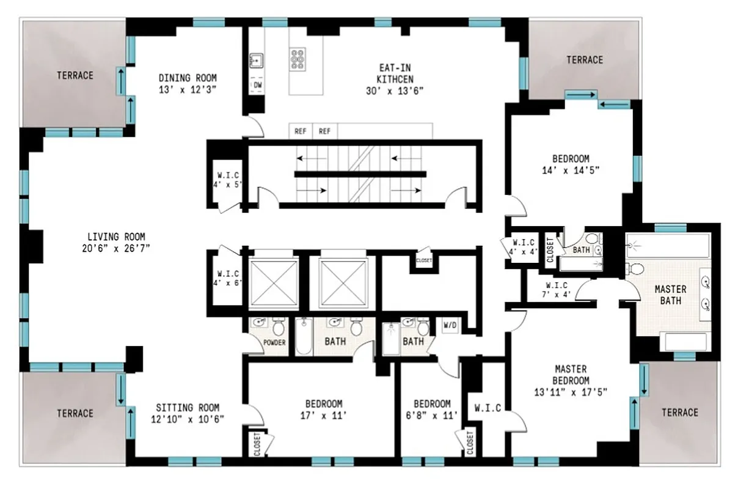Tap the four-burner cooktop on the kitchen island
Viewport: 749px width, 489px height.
tap(298, 59)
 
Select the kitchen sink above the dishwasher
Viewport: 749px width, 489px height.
tap(257, 61)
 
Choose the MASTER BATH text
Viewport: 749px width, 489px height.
tap(670, 295)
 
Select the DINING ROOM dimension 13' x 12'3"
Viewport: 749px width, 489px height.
tap(188, 89)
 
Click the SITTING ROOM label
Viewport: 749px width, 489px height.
tap(187, 408)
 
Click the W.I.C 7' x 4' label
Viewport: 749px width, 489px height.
tap(557, 289)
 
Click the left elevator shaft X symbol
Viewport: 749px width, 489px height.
tap(274, 283)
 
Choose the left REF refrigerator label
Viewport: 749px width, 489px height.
tap(300, 131)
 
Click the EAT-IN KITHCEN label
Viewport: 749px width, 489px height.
tap(395, 74)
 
